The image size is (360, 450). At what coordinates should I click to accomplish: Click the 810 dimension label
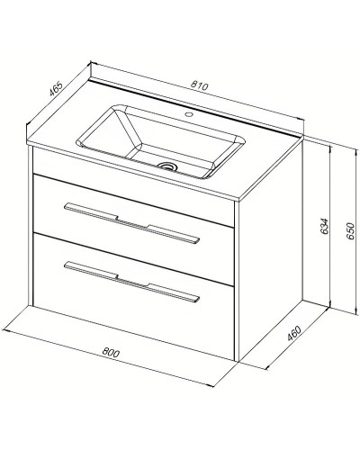pyautogui.click(x=199, y=86)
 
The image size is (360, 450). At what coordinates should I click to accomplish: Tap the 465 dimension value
pyautogui.click(x=56, y=88)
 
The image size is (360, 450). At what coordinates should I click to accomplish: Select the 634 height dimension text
pyautogui.click(x=325, y=226)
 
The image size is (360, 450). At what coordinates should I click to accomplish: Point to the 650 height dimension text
pyautogui.click(x=350, y=230)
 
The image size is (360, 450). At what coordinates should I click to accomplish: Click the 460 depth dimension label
pyautogui.click(x=294, y=333)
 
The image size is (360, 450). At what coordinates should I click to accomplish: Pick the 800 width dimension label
pyautogui.click(x=111, y=352)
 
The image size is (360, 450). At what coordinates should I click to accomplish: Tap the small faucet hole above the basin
pyautogui.click(x=189, y=114)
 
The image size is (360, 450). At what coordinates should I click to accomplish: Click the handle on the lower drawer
pyautogui.click(x=132, y=281)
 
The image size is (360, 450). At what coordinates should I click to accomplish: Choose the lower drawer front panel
pyautogui.click(x=133, y=296)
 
